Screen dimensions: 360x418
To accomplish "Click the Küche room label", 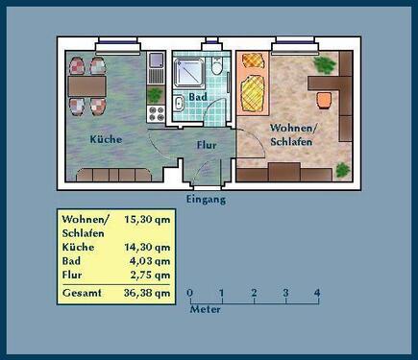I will click(x=106, y=139).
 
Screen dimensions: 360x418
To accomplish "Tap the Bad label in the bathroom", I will click(x=198, y=98).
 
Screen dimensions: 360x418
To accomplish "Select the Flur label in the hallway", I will click(x=207, y=146).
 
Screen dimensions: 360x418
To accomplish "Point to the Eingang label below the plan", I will click(x=206, y=200).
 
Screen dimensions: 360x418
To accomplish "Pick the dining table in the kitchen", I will click(x=86, y=83).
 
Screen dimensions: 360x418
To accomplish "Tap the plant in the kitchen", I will click(x=155, y=94).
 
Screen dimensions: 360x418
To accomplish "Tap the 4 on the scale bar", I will click(x=316, y=293).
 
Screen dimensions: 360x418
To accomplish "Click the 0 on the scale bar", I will click(x=189, y=293).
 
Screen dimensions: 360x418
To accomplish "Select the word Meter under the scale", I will click(x=206, y=310).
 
